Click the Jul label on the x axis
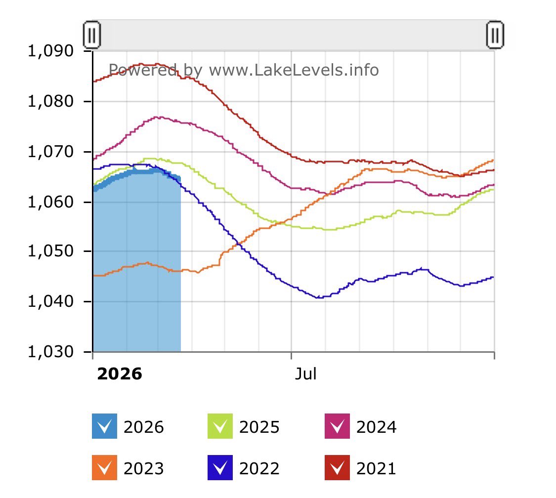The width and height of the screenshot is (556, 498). pos(305,374)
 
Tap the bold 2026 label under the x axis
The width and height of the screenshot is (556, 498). pos(120,374)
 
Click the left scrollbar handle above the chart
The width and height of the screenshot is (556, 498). pos(92,35)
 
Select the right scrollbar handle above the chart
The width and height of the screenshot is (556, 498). pos(495,35)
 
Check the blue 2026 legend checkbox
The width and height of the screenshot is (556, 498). pos(104,426)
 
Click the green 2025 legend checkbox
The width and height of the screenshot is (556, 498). pos(220,426)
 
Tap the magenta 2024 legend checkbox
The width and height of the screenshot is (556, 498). pos(337,426)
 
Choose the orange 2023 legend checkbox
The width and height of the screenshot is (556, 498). pos(104,468)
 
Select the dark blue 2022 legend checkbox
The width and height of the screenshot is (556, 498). pos(220,468)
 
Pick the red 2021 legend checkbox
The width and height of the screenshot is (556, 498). pos(337,468)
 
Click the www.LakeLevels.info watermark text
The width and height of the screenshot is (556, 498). pos(294,70)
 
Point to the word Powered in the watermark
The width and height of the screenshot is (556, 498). pos(142,70)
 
